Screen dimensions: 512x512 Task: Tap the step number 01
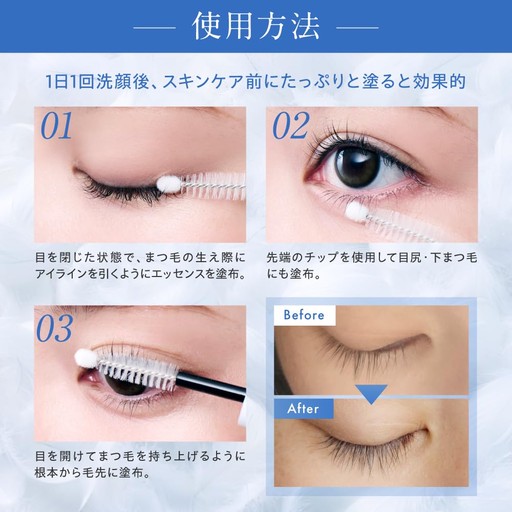pyautogui.click(x=57, y=126)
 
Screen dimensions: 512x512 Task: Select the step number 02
pyautogui.click(x=290, y=126)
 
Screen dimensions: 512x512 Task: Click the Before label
pyautogui.click(x=304, y=315)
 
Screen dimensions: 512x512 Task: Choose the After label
pyautogui.click(x=303, y=409)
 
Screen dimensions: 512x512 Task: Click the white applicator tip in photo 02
pyautogui.click(x=355, y=210)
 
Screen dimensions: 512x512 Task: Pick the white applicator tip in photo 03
pyautogui.click(x=85, y=358)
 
